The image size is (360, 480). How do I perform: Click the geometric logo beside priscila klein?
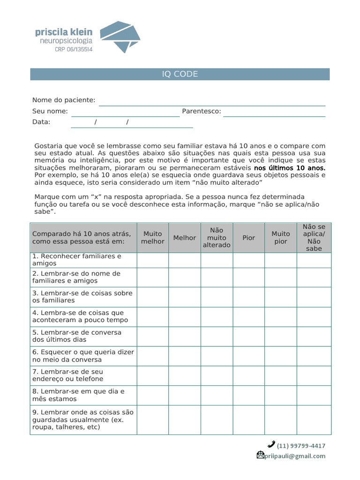[120, 37]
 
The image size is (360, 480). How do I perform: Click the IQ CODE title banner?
[180, 74]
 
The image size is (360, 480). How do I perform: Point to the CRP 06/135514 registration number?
[71, 49]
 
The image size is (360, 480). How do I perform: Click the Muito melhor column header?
[153, 238]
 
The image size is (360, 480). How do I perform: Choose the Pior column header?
[249, 238]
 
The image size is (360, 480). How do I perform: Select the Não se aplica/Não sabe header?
[314, 238]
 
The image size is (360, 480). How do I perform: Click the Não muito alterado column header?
[217, 238]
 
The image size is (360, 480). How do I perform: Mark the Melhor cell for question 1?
[185, 260]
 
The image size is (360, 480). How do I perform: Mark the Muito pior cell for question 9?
[281, 420]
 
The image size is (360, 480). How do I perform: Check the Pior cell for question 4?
[249, 317]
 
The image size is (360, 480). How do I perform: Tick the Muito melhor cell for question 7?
[153, 375]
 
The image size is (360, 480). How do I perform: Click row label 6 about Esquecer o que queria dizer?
[83, 356]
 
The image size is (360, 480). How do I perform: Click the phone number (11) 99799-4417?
[301, 446]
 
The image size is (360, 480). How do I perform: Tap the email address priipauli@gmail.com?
[295, 456]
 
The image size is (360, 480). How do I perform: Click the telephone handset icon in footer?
[271, 444]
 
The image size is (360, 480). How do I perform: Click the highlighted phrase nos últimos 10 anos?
[289, 168]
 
